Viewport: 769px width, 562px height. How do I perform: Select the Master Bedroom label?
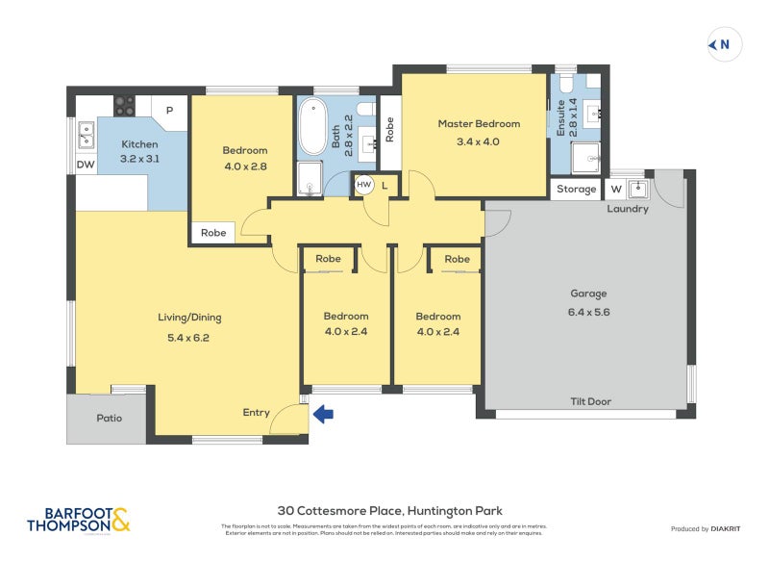pyautogui.click(x=479, y=123)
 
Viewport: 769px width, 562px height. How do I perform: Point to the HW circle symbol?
pyautogui.click(x=364, y=184)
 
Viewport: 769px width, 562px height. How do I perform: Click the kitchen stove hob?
pyautogui.click(x=125, y=105)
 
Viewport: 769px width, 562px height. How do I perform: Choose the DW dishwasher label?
pyautogui.click(x=86, y=165)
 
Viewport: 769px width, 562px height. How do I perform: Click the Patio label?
pyautogui.click(x=110, y=419)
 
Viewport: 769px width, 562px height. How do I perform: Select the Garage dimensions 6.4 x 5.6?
pyautogui.click(x=588, y=312)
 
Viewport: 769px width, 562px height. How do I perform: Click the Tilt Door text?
pyautogui.click(x=590, y=401)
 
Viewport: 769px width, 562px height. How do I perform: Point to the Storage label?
pyautogui.click(x=577, y=190)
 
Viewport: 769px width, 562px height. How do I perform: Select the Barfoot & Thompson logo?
pyautogui.click(x=79, y=521)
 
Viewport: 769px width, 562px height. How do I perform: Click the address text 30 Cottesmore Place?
pyautogui.click(x=389, y=511)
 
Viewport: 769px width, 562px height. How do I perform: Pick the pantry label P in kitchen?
pyautogui.click(x=169, y=111)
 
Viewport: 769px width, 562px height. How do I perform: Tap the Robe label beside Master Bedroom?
pyautogui.click(x=389, y=129)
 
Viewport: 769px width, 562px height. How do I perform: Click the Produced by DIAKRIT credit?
pyautogui.click(x=706, y=528)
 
